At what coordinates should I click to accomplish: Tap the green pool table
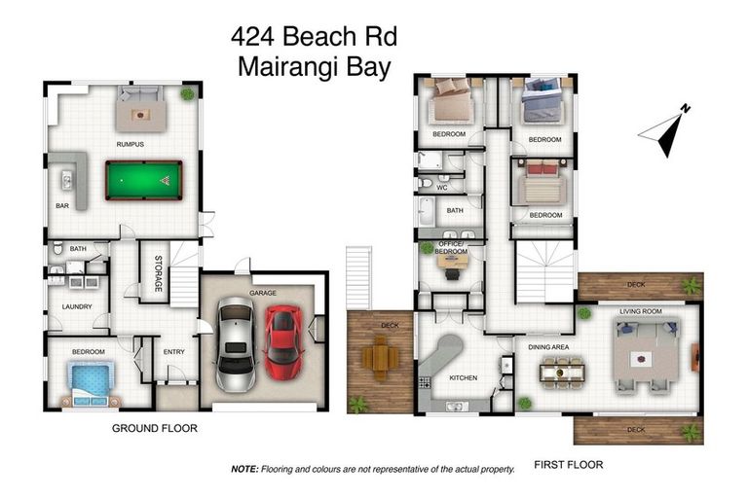coord(143,180)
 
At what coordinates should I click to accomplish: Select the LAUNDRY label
coord(77,306)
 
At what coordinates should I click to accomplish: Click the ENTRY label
coord(174,351)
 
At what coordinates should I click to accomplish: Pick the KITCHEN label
coord(464,377)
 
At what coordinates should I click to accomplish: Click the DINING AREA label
coord(549,346)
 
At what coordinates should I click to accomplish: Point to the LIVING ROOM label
coord(641,311)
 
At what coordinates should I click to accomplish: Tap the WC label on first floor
coord(442,187)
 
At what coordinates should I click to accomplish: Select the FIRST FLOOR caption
coord(569,465)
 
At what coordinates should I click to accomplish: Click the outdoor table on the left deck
coord(381,358)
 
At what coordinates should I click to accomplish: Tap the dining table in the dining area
coord(563,371)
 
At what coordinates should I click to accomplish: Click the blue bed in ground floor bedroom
coord(90,381)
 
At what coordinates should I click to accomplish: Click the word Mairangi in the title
coord(280,67)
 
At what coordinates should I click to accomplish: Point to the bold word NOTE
coord(244,468)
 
